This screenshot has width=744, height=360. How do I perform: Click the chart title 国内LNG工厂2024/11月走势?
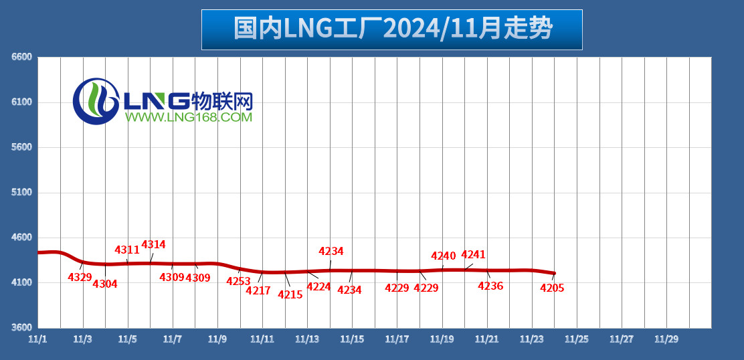(x=392, y=29)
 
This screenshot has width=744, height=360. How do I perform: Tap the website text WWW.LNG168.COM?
(x=187, y=118)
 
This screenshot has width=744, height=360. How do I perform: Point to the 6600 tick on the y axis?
(x=22, y=58)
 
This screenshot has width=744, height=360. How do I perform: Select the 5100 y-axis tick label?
(x=22, y=193)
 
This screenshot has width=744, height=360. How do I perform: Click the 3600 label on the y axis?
(x=22, y=328)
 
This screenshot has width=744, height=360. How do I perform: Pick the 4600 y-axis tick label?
(x=22, y=238)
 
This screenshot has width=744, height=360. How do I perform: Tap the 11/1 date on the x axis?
(x=37, y=339)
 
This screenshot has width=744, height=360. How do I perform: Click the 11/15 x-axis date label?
(x=352, y=339)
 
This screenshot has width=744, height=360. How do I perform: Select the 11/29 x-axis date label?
(x=666, y=339)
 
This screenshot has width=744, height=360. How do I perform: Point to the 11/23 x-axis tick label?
(x=531, y=339)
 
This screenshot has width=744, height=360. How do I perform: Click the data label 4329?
(x=80, y=277)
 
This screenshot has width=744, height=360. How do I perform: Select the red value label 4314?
(x=153, y=245)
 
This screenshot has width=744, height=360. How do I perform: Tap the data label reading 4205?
(x=552, y=288)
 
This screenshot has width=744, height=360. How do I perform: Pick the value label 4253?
(x=238, y=281)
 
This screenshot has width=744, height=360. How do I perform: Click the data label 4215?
(x=290, y=294)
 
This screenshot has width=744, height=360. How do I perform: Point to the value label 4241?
(x=473, y=255)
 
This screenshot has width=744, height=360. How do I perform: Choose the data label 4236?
(x=490, y=286)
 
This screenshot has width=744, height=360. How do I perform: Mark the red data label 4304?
(x=105, y=284)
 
